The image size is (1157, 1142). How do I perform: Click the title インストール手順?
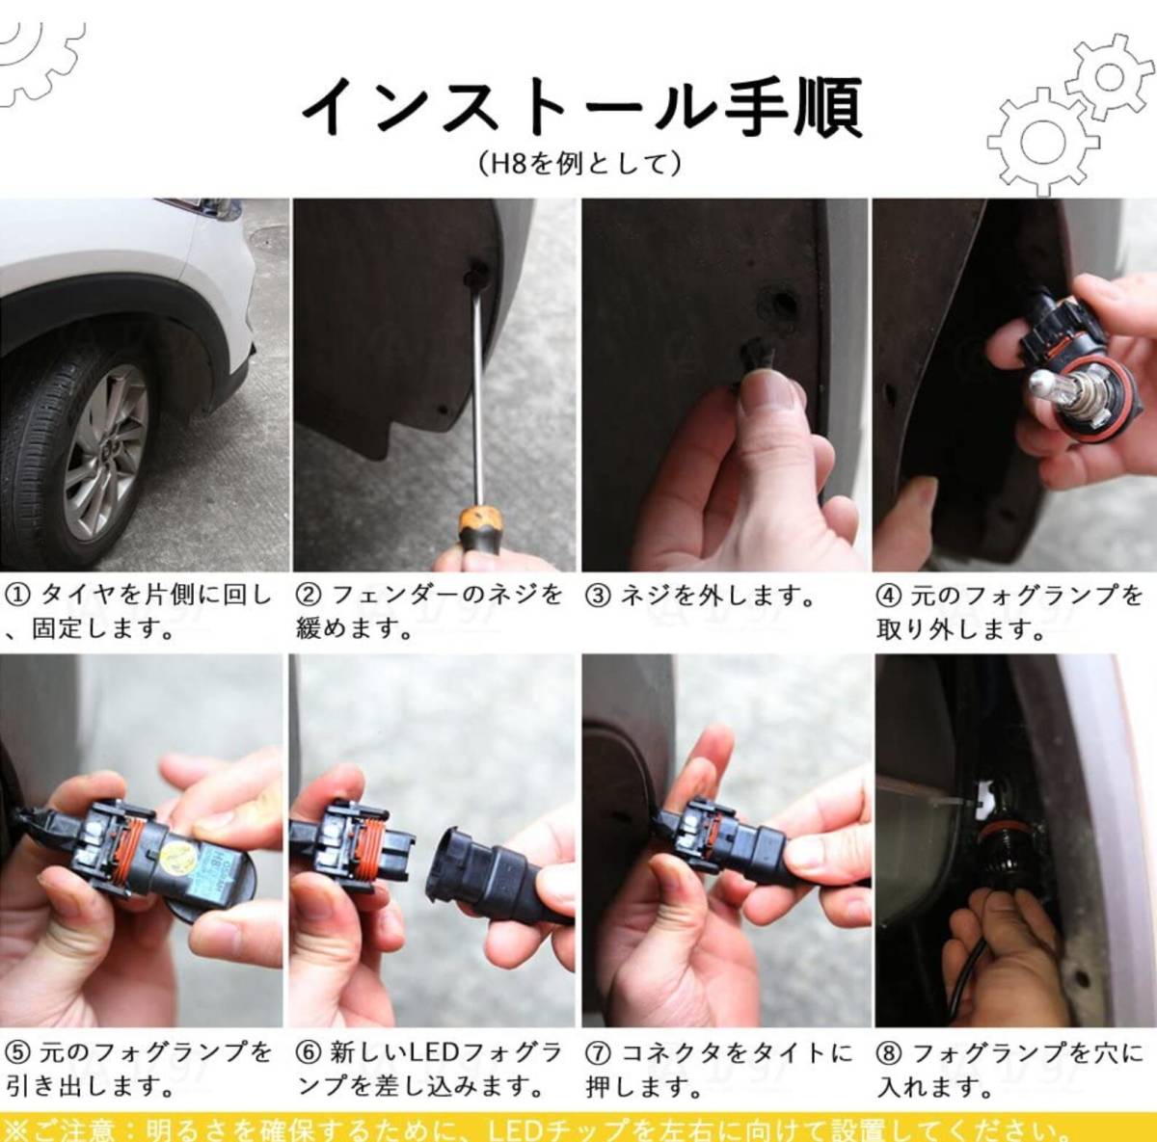pos(581,108)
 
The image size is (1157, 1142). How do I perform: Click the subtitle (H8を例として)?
pos(580,164)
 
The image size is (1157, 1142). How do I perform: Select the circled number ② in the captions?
pos(308,596)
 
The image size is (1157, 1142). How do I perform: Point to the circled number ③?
pos(598,596)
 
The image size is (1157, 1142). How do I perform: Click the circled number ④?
pos(889,596)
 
